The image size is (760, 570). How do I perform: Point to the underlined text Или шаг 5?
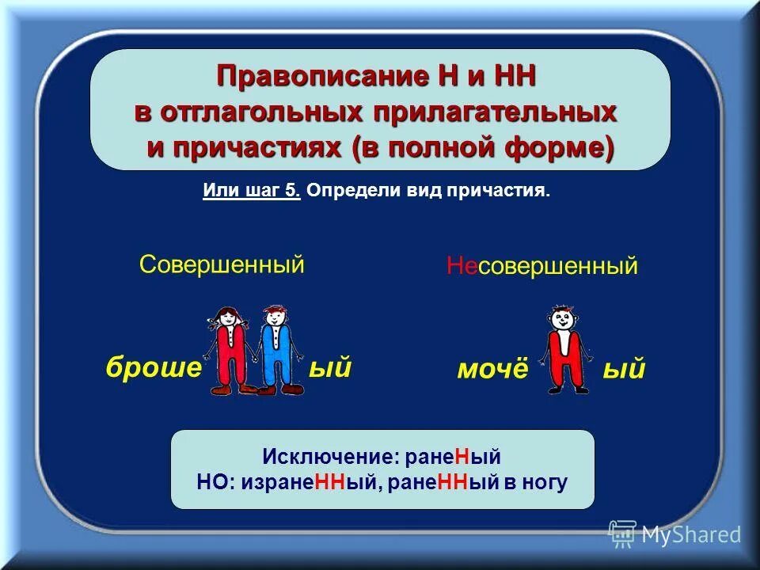pos(251,192)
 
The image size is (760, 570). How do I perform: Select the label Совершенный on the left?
pos(222,264)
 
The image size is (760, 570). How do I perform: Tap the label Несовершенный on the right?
pos(541,266)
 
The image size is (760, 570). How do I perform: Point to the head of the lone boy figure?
pos(563,320)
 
